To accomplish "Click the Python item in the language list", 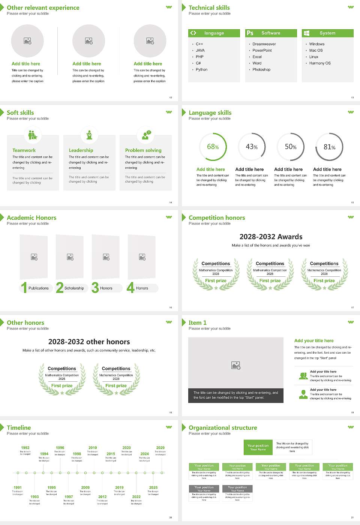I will coord(201,69).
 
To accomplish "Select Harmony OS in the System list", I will coord(320,63).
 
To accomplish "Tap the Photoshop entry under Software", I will coord(261,69).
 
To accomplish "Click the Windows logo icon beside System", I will coord(306,33).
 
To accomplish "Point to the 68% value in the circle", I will coord(213,147).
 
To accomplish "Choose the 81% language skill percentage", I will coord(329,147).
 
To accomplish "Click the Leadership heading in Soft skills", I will coord(81,150).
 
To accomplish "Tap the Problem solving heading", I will coord(143,150).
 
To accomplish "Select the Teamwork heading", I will coord(24,150).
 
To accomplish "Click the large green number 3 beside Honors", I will coord(95,288).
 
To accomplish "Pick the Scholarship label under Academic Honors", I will coord(74,288).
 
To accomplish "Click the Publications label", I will coord(39,288).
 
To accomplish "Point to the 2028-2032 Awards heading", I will coord(271,237).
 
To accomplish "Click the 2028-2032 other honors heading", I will coord(89,342).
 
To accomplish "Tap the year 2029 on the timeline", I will coord(160,447).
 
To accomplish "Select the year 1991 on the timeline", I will coord(18,487).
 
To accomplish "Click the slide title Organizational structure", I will coord(223,427).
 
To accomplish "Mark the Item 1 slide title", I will coord(198,322).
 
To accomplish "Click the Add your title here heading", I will coord(314,340).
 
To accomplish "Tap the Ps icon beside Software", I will coord(250,33).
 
